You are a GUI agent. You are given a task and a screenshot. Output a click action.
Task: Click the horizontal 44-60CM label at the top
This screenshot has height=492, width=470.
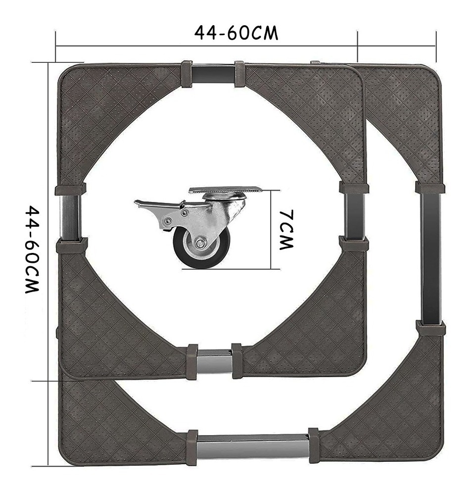[236, 33]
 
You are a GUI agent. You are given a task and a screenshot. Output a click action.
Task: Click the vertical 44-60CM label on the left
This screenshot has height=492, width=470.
[32, 249]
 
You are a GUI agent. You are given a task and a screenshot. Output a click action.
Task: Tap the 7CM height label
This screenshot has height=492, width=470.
[286, 230]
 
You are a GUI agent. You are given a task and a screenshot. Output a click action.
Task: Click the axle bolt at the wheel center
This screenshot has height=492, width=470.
[199, 244]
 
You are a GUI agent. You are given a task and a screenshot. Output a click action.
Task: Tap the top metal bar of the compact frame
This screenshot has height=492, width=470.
[213, 74]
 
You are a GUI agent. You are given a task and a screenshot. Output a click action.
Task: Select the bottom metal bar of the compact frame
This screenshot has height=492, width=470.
[214, 364]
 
